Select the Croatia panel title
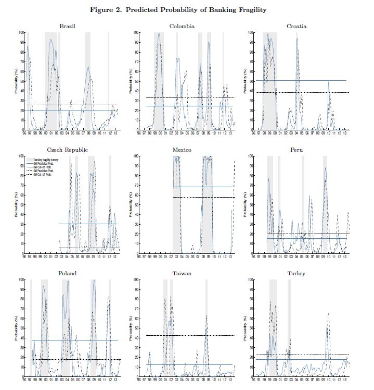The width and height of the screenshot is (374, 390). (296, 26)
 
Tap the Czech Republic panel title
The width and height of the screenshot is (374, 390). (68, 150)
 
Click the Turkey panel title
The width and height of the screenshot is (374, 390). (296, 273)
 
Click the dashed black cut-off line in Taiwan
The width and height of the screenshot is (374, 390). (208, 335)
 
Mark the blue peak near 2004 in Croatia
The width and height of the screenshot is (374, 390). (298, 39)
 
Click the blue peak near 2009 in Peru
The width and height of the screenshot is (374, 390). (325, 168)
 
